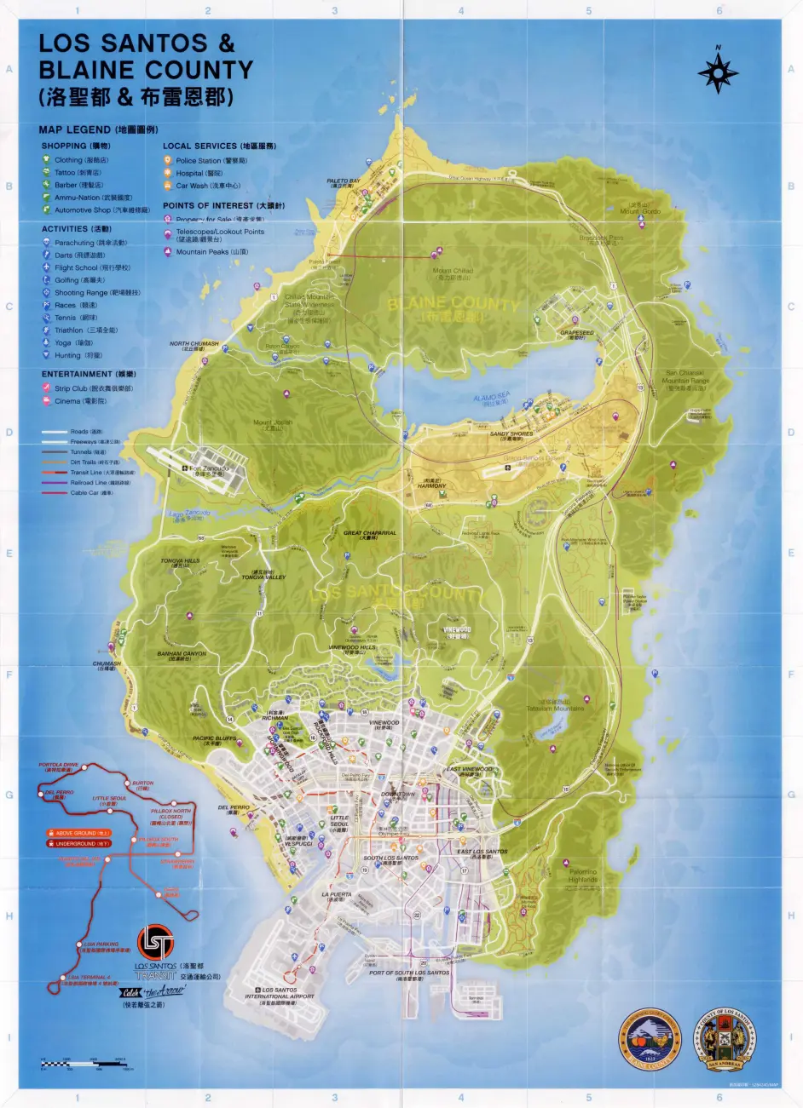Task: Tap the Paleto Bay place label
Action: pyautogui.click(x=344, y=181)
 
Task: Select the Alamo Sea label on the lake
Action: pyautogui.click(x=491, y=397)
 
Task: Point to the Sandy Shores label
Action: pyautogui.click(x=511, y=433)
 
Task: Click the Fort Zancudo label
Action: pyautogui.click(x=209, y=468)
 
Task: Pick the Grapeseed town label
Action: pyautogui.click(x=576, y=333)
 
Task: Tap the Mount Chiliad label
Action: pyautogui.click(x=453, y=271)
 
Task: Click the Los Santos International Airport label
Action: pyautogui.click(x=280, y=993)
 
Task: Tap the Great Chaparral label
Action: pyautogui.click(x=370, y=533)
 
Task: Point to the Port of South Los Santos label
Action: pyautogui.click(x=409, y=973)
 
